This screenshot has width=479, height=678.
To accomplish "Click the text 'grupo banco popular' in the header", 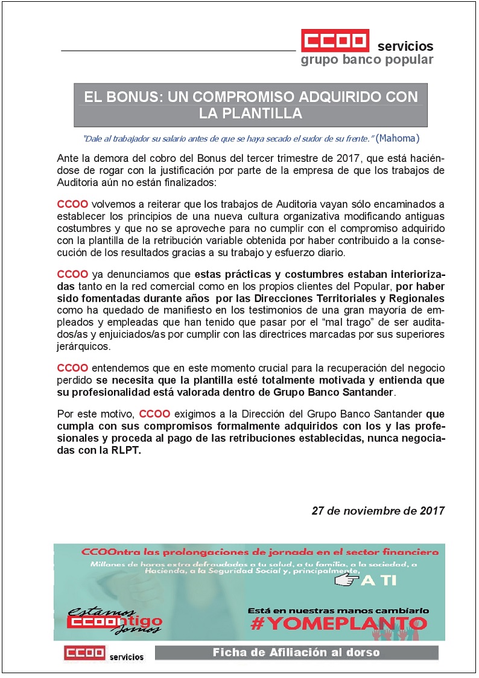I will tap(367, 60).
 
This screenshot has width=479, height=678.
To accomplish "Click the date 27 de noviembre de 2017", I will tap(378, 510).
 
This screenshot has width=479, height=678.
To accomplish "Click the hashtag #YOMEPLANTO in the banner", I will tap(338, 622).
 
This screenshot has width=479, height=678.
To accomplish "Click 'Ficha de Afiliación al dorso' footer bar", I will tap(296, 653).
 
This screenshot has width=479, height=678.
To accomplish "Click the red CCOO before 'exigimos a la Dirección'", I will tap(154, 415).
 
